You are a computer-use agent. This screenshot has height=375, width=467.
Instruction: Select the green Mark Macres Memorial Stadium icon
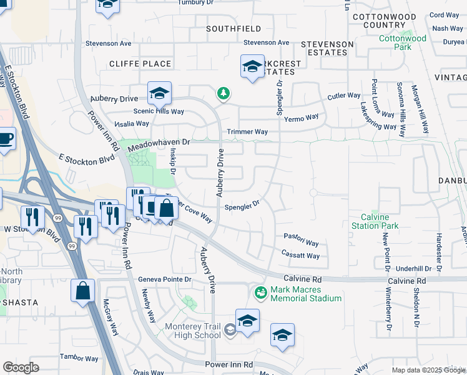coord(260,292)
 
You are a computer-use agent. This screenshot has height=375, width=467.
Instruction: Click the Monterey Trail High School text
coord(192,331)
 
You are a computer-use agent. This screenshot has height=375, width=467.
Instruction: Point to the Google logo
coord(21,367)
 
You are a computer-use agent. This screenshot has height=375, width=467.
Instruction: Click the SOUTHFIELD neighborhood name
coord(234,29)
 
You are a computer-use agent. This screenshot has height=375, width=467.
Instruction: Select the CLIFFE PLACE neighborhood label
coord(140,64)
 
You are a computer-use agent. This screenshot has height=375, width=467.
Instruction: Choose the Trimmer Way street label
coord(247,132)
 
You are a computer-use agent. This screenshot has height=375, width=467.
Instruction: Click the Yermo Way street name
coord(301,117)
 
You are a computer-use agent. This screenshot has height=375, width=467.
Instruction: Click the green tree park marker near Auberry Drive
coord(223,94)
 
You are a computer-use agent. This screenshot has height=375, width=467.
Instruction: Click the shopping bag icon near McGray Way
coord(83,291)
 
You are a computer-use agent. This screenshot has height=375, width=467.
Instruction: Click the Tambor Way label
coord(79,359)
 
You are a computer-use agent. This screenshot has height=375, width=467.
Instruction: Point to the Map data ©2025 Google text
coord(428,370)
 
